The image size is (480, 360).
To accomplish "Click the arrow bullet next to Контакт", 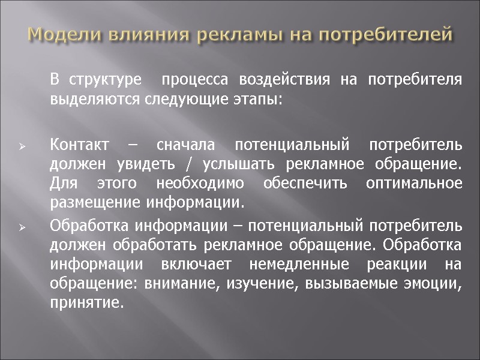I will coord(21,147).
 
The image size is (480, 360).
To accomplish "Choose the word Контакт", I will coord(80,145).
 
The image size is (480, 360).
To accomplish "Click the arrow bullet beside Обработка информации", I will coord(21,228).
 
